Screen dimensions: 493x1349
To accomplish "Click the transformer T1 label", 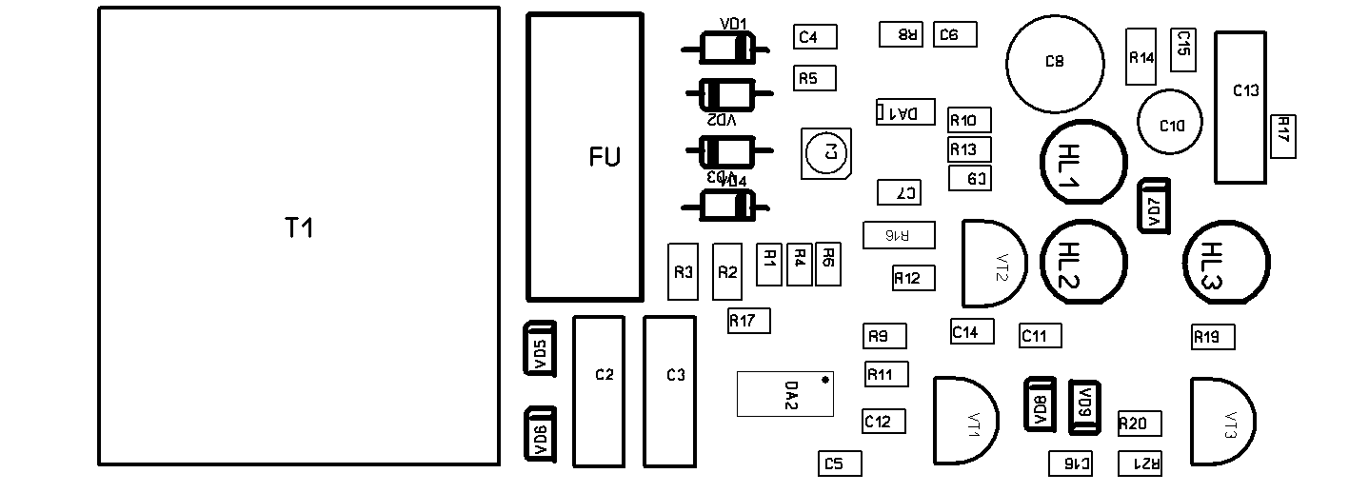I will (x=299, y=228).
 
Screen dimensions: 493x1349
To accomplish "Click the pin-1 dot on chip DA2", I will (x=825, y=380).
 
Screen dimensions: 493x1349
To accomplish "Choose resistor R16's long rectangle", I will (x=899, y=235).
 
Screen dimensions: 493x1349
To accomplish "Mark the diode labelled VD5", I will (x=540, y=349).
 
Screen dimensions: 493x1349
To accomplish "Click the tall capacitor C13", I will (x=1240, y=107).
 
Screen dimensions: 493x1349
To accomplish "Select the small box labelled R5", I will (x=815, y=78).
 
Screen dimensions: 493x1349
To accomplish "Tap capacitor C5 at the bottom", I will (x=840, y=463).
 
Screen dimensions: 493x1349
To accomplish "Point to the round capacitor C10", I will (x=1170, y=121).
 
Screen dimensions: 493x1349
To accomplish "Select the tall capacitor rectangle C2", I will (x=598, y=391).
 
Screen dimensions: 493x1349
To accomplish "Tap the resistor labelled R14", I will (x=1141, y=56).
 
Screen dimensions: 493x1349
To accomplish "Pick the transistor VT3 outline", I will (x=1220, y=422).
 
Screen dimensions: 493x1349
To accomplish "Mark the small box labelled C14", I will (x=973, y=331).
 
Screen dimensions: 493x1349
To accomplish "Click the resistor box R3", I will (x=683, y=272).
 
